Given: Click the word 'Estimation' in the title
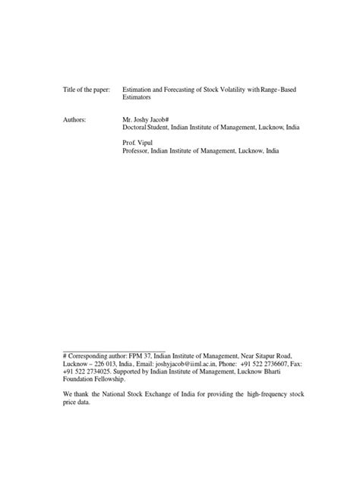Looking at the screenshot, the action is [138, 90].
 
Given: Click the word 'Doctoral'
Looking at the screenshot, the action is [136, 128].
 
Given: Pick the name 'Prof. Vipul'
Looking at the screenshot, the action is [141, 143].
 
